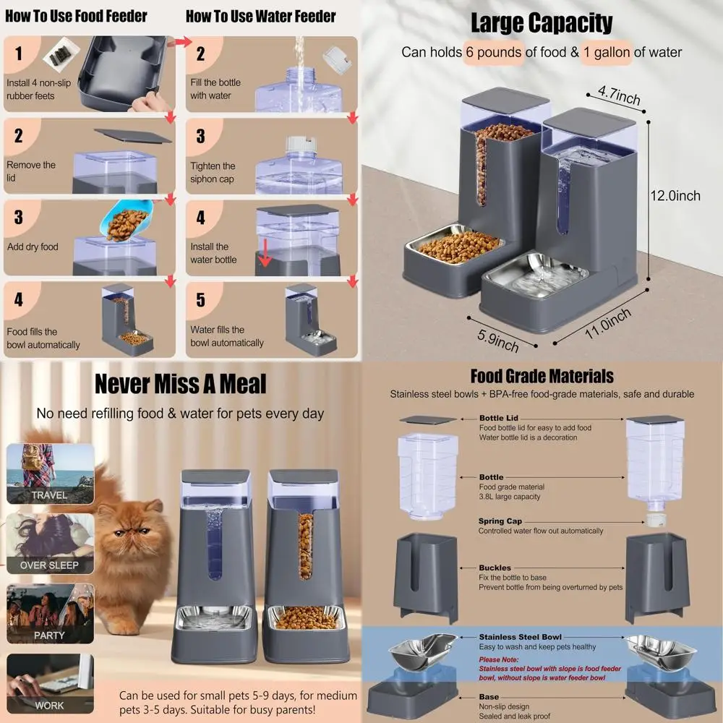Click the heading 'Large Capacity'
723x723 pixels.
click(x=542, y=23)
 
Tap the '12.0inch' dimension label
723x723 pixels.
click(x=675, y=195)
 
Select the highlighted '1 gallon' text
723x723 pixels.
click(x=605, y=53)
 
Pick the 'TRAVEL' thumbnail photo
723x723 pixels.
click(x=50, y=473)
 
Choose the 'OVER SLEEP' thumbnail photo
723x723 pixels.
click(x=50, y=542)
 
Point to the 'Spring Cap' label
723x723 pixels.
click(x=500, y=521)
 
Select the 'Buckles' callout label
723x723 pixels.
click(x=495, y=568)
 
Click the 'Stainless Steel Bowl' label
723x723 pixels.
click(x=520, y=637)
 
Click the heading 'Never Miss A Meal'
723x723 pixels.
click(x=180, y=384)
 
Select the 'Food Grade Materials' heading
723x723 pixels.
click(x=542, y=376)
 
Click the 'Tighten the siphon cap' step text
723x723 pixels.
click(x=213, y=173)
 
